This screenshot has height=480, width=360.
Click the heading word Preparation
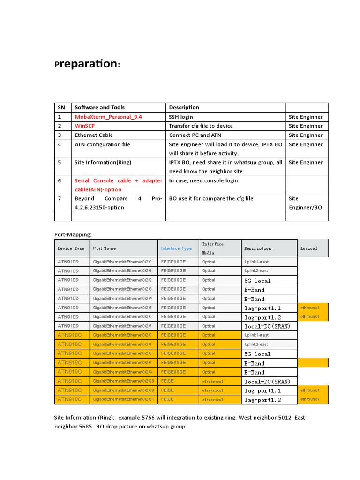pos(87,64)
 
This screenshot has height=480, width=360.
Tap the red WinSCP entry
pos(88,126)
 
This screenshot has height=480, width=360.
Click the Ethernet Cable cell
pos(94,135)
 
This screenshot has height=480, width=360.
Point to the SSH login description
pos(181,117)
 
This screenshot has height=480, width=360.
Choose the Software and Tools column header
pos(99,107)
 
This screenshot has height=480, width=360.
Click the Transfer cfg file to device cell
pos(201,126)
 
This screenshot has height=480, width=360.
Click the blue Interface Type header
pos(176,248)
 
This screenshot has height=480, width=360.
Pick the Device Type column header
pos(71,248)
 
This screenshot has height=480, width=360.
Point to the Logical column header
pos(309,248)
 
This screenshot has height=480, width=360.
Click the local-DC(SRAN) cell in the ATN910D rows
pos(267,326)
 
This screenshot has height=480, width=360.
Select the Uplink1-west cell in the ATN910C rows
pos(256,335)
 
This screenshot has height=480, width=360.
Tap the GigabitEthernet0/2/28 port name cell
pos(123,381)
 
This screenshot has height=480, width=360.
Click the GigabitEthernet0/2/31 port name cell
pos(123,399)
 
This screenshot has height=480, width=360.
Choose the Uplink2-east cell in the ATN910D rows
pos(256,271)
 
